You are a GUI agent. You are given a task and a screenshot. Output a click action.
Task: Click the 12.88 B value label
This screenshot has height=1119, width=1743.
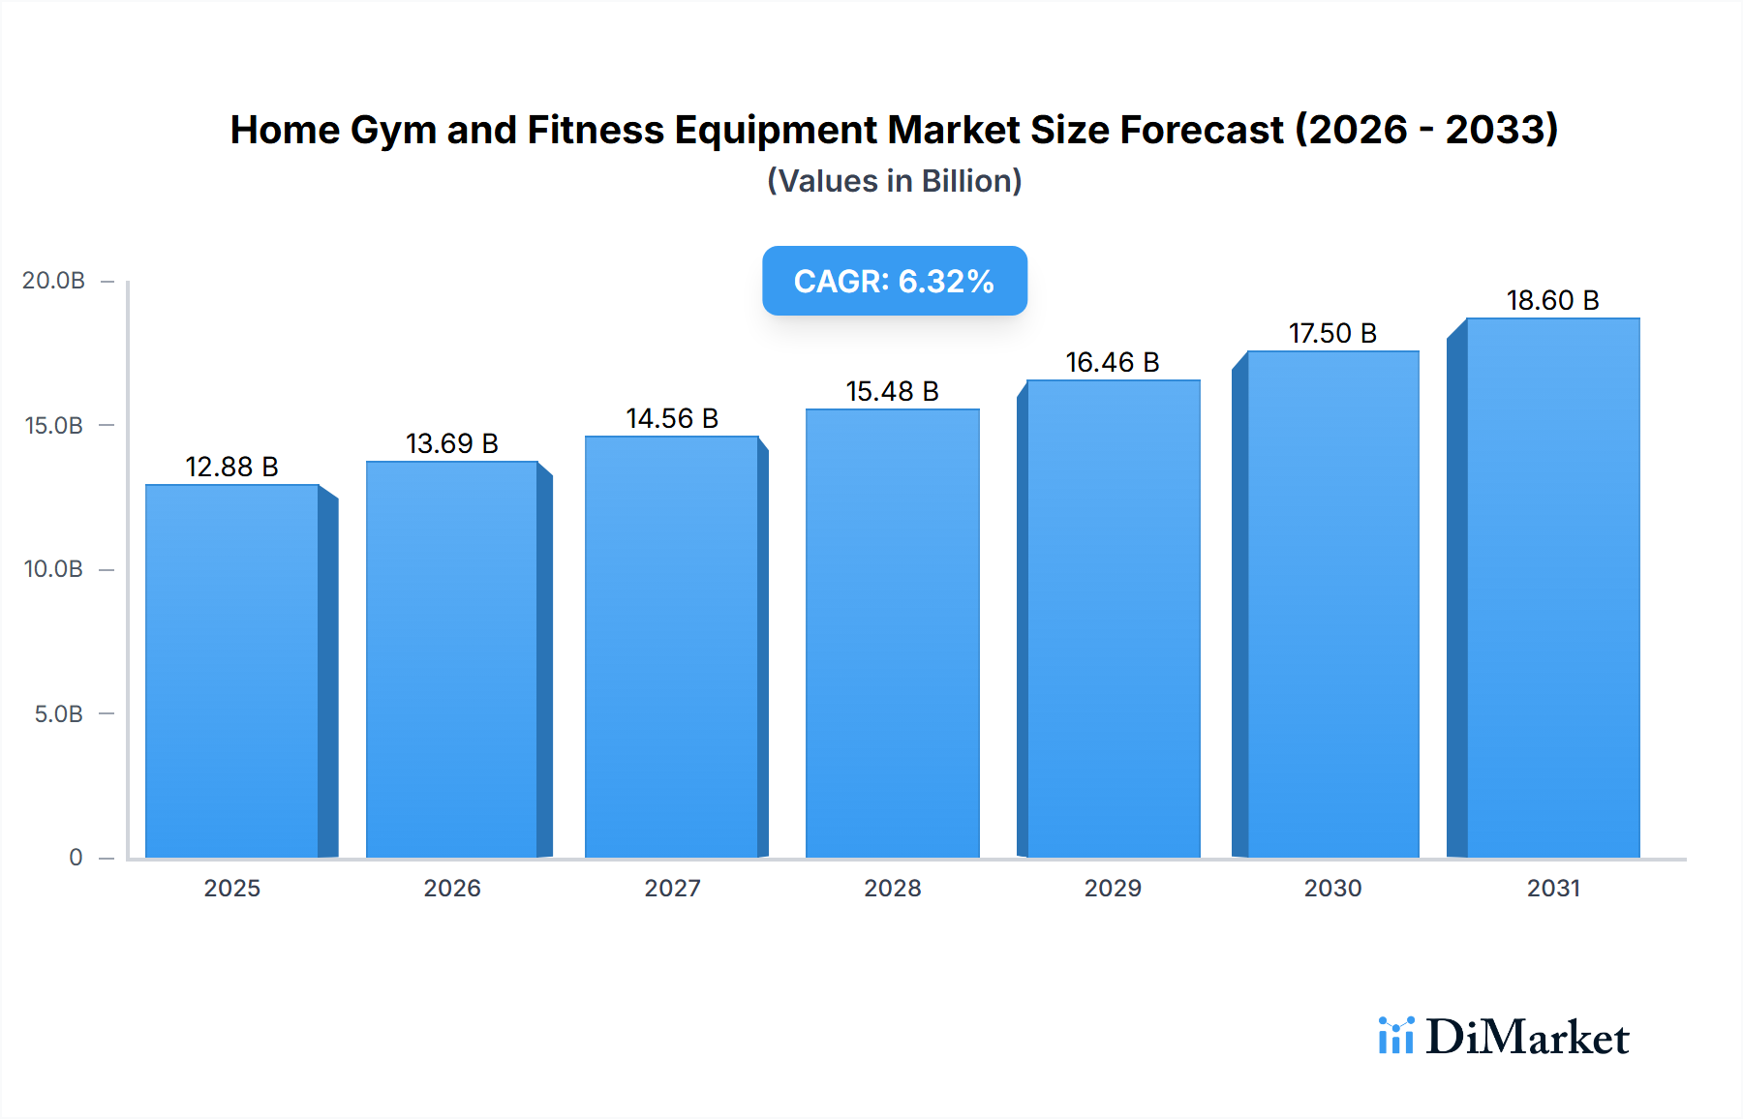pyautogui.click(x=231, y=467)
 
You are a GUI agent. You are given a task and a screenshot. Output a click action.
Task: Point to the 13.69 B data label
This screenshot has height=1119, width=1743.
pyautogui.click(x=451, y=443)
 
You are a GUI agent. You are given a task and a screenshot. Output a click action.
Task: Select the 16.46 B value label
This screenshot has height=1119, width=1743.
pyautogui.click(x=1112, y=362)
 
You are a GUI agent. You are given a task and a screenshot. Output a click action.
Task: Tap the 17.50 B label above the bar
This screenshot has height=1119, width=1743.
pyautogui.click(x=1332, y=333)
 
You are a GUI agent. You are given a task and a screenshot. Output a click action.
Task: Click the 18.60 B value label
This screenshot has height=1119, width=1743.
pyautogui.click(x=1552, y=300)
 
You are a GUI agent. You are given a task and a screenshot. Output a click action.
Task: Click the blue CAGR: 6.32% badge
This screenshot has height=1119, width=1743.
pyautogui.click(x=894, y=281)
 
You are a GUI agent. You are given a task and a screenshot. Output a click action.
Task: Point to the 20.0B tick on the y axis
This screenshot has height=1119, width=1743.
pyautogui.click(x=53, y=281)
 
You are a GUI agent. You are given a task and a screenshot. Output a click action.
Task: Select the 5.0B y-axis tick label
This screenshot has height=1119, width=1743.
pyautogui.click(x=58, y=714)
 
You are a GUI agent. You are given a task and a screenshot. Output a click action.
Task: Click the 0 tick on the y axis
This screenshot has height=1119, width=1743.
pyautogui.click(x=76, y=858)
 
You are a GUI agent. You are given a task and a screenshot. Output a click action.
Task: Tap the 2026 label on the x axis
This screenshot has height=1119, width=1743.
pyautogui.click(x=451, y=888)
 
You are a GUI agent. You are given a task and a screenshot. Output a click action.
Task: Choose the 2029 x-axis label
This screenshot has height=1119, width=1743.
pyautogui.click(x=1112, y=888)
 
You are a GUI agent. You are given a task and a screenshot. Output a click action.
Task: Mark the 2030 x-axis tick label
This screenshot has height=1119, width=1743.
pyautogui.click(x=1332, y=888)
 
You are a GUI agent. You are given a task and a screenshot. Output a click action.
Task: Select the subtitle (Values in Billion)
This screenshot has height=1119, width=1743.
pyautogui.click(x=894, y=181)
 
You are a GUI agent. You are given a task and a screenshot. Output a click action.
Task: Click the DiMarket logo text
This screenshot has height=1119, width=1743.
pyautogui.click(x=1527, y=1037)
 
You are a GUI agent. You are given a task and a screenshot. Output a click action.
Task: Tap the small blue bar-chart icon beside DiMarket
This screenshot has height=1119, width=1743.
pyautogui.click(x=1395, y=1036)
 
